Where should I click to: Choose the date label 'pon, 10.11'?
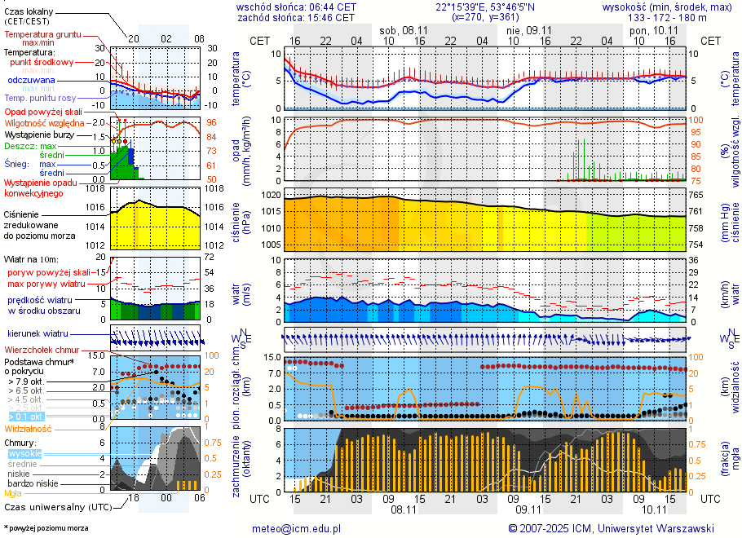point(654,29)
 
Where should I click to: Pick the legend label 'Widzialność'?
point(29,427)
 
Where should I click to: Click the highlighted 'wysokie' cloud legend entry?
point(24,453)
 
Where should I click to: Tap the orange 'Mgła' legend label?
point(13,493)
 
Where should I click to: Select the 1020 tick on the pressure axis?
point(271,196)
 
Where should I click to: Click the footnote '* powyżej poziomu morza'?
point(46,528)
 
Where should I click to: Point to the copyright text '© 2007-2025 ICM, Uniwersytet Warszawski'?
point(611,528)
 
